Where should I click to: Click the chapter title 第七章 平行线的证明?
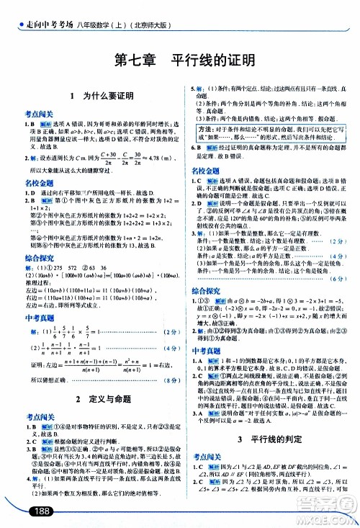179,61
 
